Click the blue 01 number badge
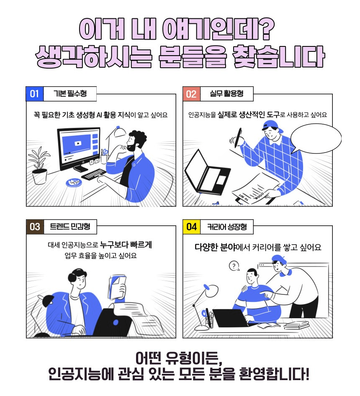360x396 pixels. tap(35, 94)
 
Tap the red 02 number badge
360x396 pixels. tap(191, 94)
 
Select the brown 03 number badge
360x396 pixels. tap(35, 227)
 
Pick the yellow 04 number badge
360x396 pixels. tap(191, 227)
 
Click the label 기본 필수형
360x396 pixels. tap(70, 94)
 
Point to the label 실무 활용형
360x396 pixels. tap(227, 94)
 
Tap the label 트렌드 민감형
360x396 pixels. tap(70, 226)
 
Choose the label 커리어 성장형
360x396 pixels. tap(227, 227)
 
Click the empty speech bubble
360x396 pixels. tap(316, 138)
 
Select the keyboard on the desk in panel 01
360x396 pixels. tap(93, 174)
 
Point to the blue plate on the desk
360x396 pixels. tap(74, 182)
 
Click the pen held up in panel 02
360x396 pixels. tap(238, 138)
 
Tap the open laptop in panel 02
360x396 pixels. tap(207, 172)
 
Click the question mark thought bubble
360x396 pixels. tap(234, 266)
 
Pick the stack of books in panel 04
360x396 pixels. tap(296, 325)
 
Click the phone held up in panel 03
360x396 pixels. tap(117, 288)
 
